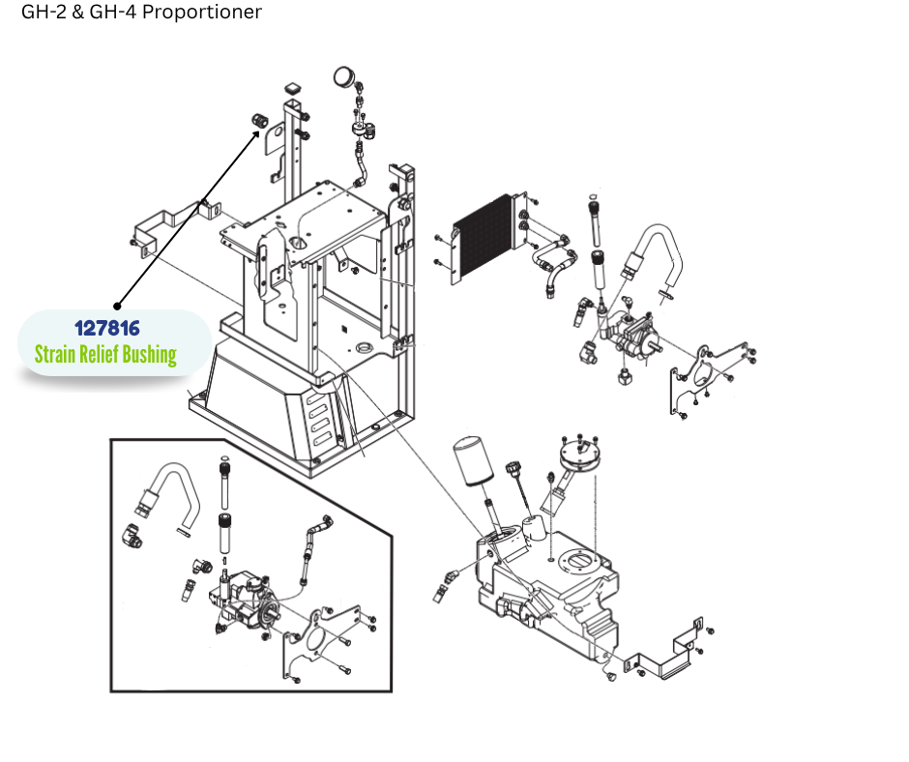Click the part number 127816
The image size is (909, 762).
(107, 329)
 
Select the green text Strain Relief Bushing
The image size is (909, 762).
(105, 355)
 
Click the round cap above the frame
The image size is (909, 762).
(343, 75)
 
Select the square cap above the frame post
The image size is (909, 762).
(293, 91)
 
